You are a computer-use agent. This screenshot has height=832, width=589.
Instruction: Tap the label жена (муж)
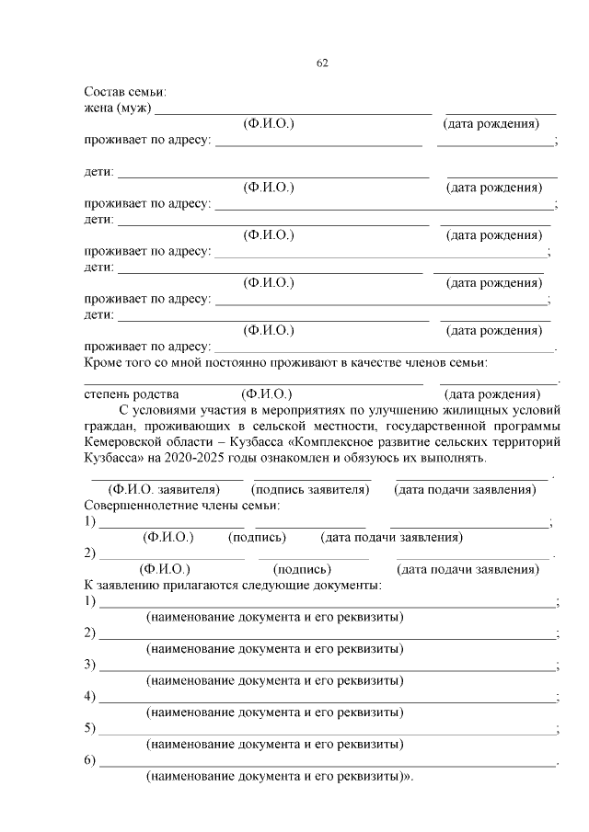[x=117, y=108]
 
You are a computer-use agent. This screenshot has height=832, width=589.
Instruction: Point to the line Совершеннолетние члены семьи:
[x=182, y=506]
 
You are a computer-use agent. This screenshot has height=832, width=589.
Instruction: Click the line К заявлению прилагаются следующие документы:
[x=233, y=585]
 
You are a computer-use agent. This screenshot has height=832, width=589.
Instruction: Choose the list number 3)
[x=90, y=665]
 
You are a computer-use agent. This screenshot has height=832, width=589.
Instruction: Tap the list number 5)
[x=90, y=728]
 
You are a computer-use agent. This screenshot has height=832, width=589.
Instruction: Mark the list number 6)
[x=90, y=760]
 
